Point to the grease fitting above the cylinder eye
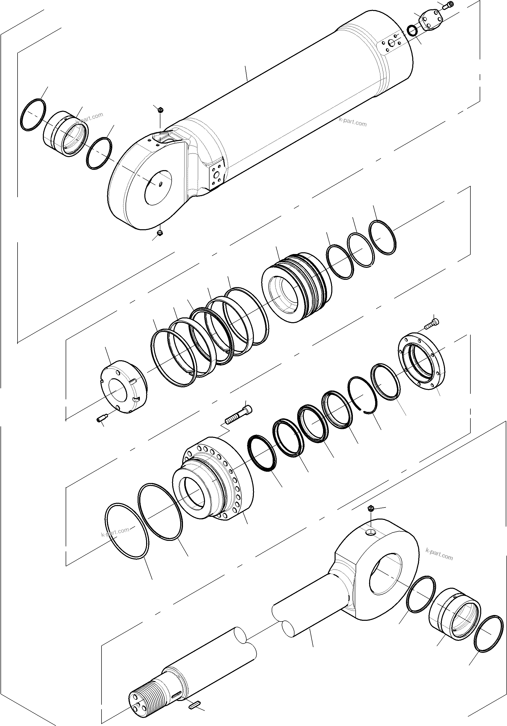[160, 110]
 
